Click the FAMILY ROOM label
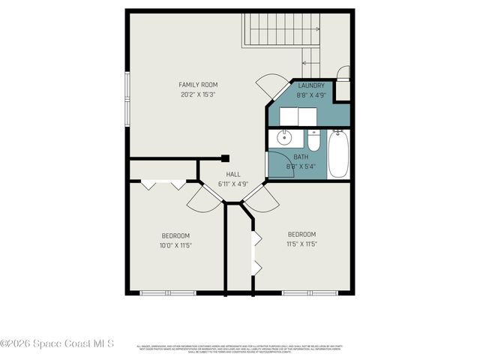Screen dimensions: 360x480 [198, 85]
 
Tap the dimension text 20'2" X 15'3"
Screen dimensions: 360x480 [198, 94]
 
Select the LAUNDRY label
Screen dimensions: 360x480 [310, 86]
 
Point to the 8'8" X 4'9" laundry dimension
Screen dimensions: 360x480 [310, 95]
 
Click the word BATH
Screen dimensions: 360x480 [301, 157]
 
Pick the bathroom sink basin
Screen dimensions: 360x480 [283, 139]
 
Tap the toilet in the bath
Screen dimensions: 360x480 [314, 142]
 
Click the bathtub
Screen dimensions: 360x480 [338, 154]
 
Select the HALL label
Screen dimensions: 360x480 [233, 174]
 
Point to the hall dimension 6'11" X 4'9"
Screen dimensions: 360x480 [233, 184]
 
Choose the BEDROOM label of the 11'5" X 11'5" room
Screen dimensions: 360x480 [301, 234]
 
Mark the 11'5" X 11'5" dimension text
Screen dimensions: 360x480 [301, 244]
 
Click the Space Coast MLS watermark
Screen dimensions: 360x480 [57, 343]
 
